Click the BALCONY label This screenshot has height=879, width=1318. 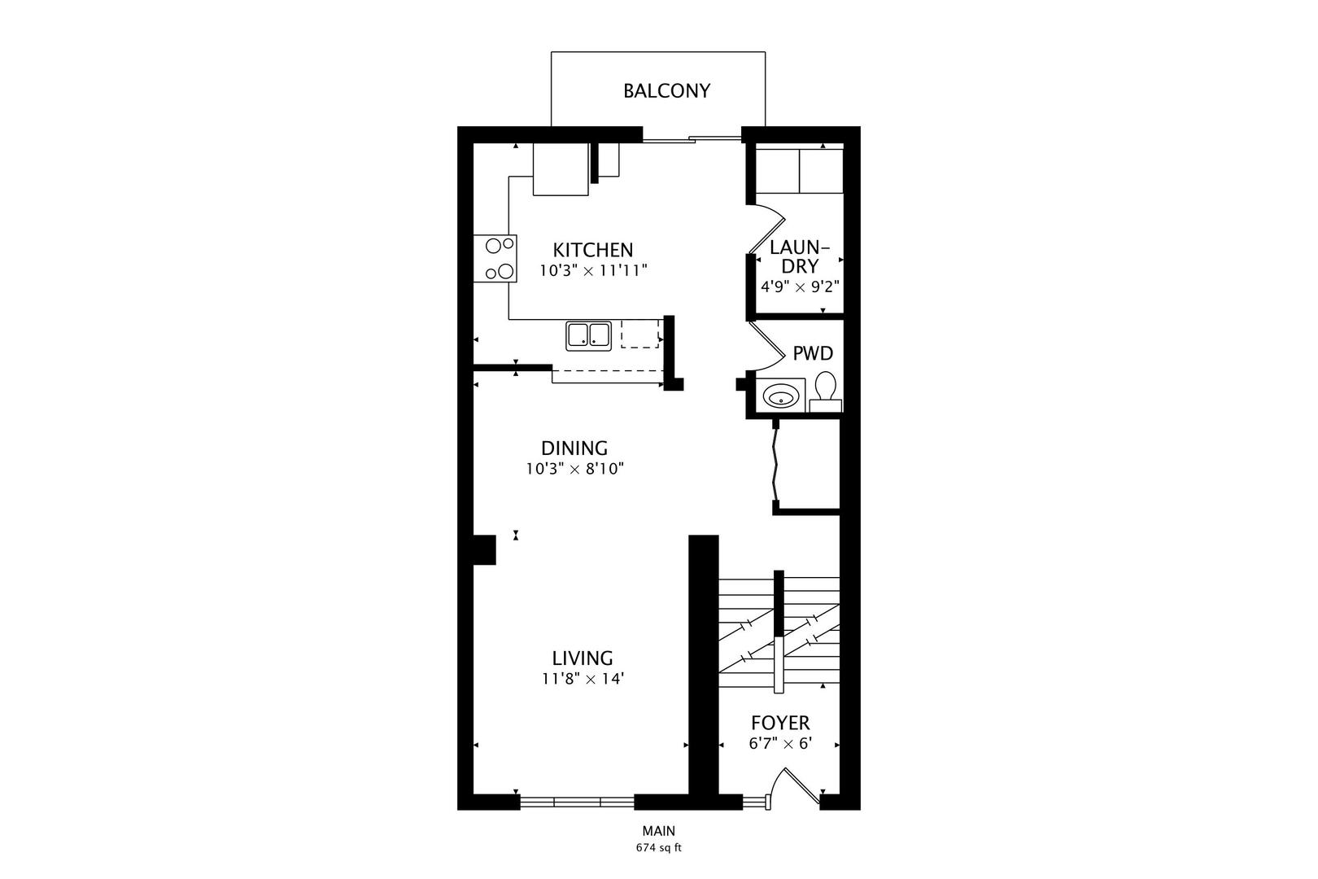(666, 90)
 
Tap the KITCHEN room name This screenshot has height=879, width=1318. (592, 250)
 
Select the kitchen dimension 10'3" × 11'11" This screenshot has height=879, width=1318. (594, 271)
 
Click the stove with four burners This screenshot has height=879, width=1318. (495, 259)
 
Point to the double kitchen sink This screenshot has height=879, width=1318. (588, 335)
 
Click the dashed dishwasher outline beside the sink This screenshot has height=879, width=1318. (639, 334)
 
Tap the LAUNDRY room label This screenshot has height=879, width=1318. (800, 256)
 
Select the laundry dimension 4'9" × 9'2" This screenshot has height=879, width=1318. (800, 287)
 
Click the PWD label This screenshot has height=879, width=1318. (813, 353)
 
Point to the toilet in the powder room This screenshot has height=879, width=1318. (826, 391)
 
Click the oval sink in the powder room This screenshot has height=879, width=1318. (780, 395)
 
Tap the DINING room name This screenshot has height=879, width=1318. (574, 448)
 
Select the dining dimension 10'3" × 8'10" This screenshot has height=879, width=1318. (575, 470)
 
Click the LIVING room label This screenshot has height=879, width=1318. (583, 658)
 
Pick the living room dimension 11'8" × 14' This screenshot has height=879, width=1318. (583, 679)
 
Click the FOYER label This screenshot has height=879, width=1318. (780, 723)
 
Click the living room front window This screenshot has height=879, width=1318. (577, 802)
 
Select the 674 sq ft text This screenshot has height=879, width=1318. (658, 848)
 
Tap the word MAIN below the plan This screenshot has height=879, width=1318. (659, 831)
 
